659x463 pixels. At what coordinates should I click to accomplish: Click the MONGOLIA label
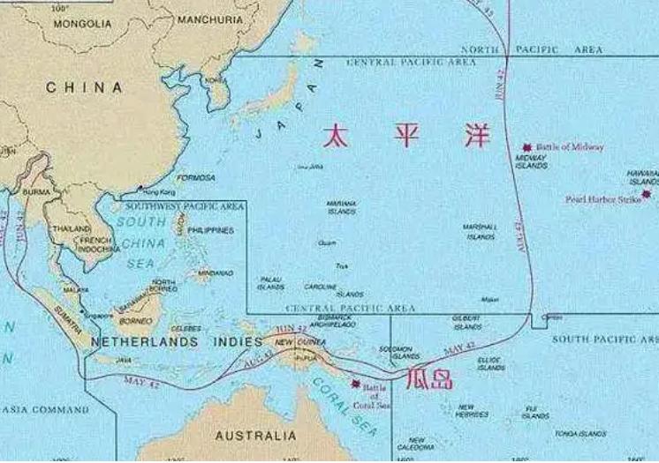tap(83, 24)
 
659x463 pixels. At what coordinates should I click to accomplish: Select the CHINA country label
tap(84, 87)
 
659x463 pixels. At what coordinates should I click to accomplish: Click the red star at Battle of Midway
tap(528, 146)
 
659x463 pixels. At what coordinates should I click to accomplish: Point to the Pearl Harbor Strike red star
tap(647, 194)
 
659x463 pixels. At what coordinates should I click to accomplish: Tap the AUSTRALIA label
tap(256, 436)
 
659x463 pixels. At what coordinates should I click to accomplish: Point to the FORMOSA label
tap(195, 177)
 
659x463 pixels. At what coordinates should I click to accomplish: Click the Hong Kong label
tap(159, 191)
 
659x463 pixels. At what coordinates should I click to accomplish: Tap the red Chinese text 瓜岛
tap(428, 380)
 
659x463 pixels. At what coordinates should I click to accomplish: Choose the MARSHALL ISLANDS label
tap(480, 232)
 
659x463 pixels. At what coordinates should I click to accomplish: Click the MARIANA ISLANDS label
tap(341, 207)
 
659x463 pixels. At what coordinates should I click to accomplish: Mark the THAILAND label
tap(71, 228)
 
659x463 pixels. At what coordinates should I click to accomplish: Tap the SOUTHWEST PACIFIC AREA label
tap(195, 205)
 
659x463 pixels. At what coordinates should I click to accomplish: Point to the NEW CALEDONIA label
tap(416, 444)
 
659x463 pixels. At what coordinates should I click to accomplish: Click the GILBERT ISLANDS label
tap(466, 322)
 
